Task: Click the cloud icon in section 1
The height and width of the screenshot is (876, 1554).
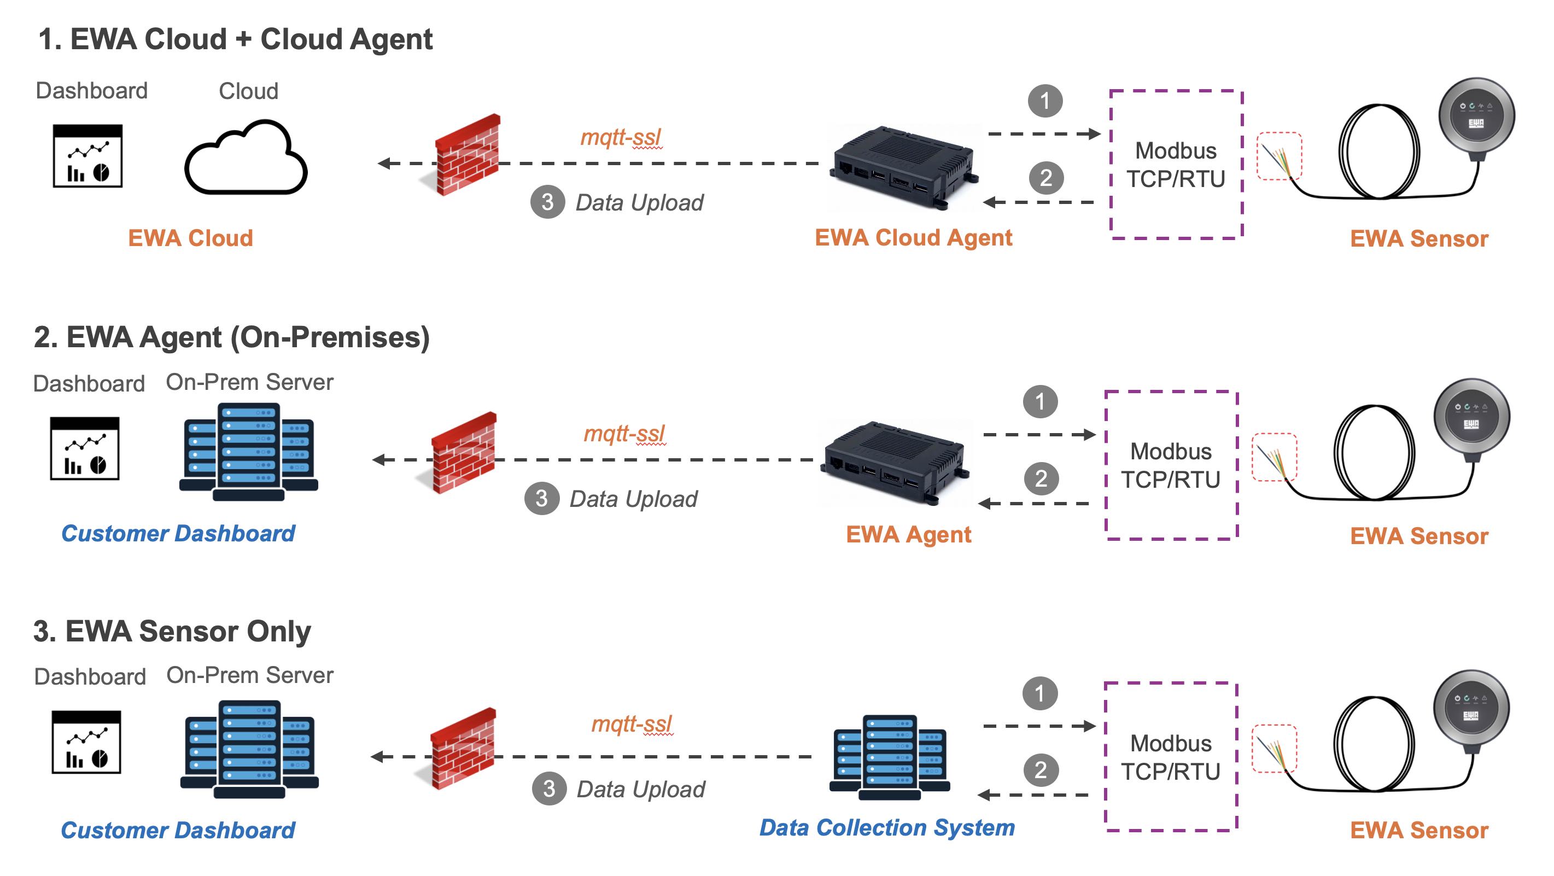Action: pyautogui.click(x=246, y=158)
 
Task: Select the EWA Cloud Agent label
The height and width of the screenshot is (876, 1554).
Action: pyautogui.click(x=913, y=238)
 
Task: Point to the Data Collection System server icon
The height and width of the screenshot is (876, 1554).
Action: pyautogui.click(x=889, y=757)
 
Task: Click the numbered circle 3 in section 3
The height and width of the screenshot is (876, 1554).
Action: pyautogui.click(x=548, y=789)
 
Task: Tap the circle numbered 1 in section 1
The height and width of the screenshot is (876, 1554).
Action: pyautogui.click(x=1045, y=101)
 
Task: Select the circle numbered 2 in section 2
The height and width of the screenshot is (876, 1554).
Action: pyautogui.click(x=1041, y=478)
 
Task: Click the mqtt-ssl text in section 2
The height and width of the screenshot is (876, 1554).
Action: pyautogui.click(x=624, y=433)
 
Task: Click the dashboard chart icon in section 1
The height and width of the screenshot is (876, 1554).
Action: pyautogui.click(x=87, y=156)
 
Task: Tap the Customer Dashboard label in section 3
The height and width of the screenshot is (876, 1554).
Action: pyautogui.click(x=177, y=830)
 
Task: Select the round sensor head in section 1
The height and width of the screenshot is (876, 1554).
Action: pyautogui.click(x=1476, y=116)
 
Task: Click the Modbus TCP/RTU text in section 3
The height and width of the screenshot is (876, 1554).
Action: pyautogui.click(x=1170, y=757)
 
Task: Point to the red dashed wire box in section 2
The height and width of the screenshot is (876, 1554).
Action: pyautogui.click(x=1274, y=457)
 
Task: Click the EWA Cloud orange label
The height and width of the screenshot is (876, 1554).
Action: pyautogui.click(x=190, y=238)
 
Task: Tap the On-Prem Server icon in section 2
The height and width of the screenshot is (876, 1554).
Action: pyautogui.click(x=249, y=451)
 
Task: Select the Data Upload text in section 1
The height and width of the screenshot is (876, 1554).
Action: pyautogui.click(x=639, y=203)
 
